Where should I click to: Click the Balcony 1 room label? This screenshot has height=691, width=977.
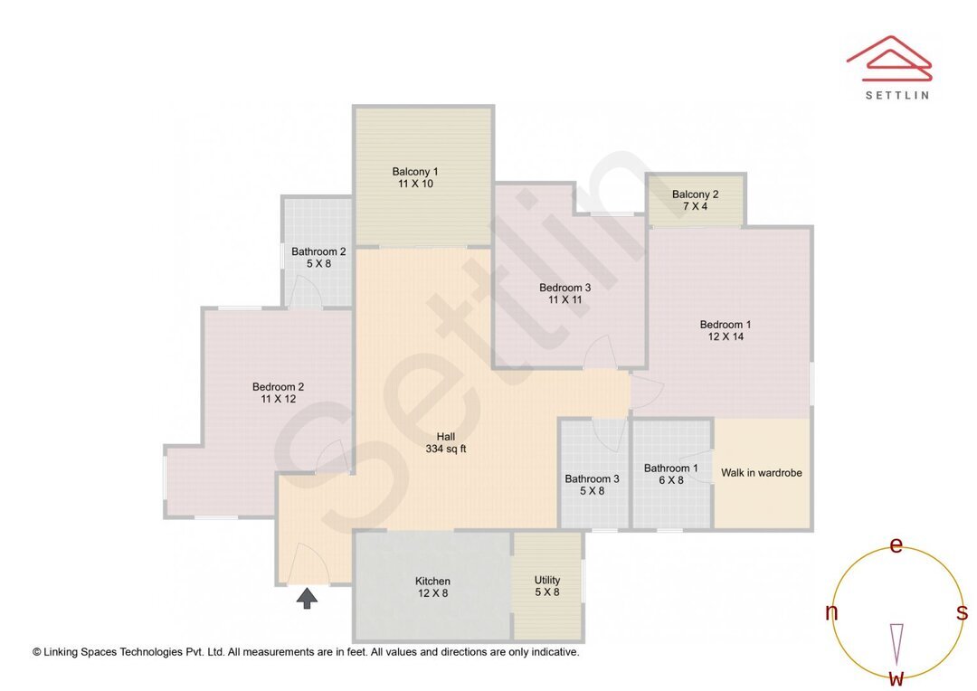pos(415,172)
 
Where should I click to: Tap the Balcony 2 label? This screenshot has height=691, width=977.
pos(696,194)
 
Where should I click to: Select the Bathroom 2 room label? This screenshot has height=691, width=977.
pos(318,252)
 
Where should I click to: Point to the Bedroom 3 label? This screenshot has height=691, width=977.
pos(564,288)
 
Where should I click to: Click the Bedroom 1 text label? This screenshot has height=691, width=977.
pos(726,325)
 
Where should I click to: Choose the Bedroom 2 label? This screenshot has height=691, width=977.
pos(278,387)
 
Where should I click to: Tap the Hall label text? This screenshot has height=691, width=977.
pos(446,436)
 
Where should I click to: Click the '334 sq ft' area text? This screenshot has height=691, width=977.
pos(446,449)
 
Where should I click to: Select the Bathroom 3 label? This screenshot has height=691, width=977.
pos(592,479)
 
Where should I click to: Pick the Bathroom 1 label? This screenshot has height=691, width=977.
pos(671,469)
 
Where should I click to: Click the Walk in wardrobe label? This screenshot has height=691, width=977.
pos(762,473)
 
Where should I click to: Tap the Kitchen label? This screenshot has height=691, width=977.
pos(432,582)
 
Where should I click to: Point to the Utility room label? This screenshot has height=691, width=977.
pos(547,581)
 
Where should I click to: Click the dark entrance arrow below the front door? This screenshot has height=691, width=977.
pos(308,598)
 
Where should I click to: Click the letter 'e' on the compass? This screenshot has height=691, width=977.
pos(896,545)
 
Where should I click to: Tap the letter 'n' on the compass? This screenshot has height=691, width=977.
pos(831,613)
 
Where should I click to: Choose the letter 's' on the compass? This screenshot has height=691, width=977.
pos(962,613)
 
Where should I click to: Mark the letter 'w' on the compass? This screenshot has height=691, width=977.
pos(896,677)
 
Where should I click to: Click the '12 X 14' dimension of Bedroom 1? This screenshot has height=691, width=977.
pos(726,337)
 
